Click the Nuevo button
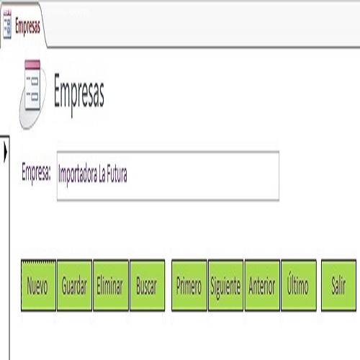(x=38, y=285)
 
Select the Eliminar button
(x=111, y=285)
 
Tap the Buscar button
(x=147, y=285)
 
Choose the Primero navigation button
(x=189, y=285)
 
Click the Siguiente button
(x=225, y=285)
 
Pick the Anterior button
(x=262, y=285)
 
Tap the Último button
(x=299, y=285)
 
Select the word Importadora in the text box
(x=78, y=175)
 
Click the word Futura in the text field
(x=117, y=174)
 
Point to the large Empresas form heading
(x=79, y=94)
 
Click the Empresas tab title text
(x=27, y=27)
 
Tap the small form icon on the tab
(x=7, y=24)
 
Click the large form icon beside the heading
(x=32, y=94)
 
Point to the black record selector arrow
(x=6, y=152)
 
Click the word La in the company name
(x=102, y=174)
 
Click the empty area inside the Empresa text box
(x=203, y=176)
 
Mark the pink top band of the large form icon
(x=32, y=65)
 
